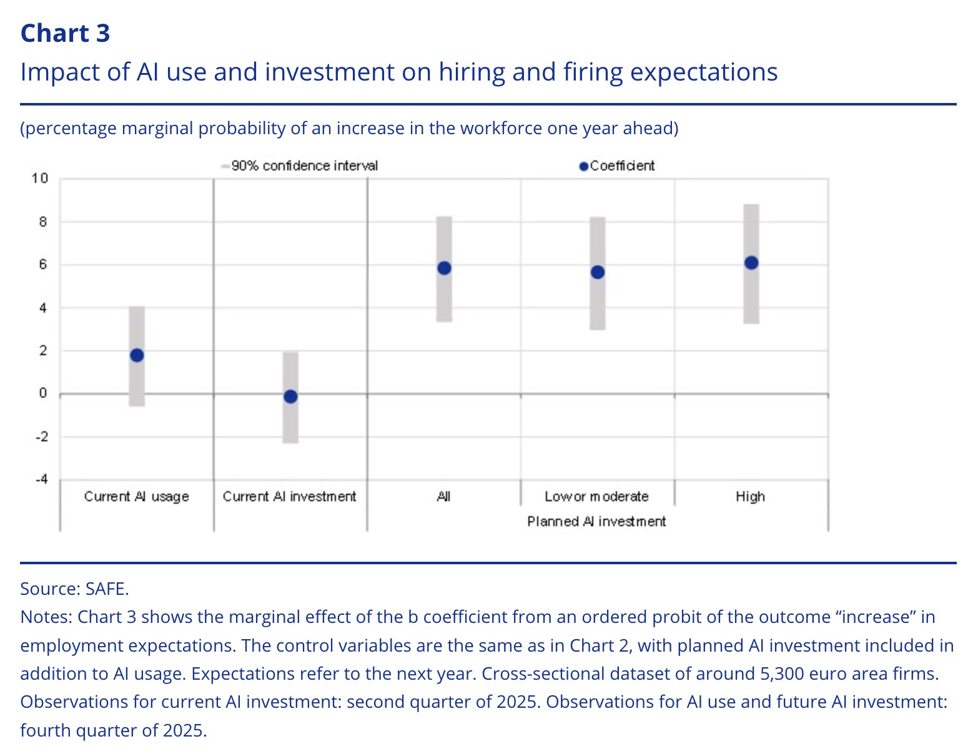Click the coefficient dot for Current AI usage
(x=137, y=355)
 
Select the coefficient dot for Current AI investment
(x=290, y=396)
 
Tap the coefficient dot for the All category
(x=444, y=268)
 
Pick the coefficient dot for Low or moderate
(x=598, y=272)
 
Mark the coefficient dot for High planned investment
(x=751, y=263)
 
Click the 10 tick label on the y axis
(x=40, y=179)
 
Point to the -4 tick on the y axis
(x=41, y=479)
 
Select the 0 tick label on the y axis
(x=43, y=393)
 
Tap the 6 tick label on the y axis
(x=43, y=265)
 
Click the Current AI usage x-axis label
(x=136, y=497)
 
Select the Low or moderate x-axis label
(x=596, y=497)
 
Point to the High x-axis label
(x=750, y=497)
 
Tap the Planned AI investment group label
(x=596, y=522)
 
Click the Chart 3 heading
(x=65, y=33)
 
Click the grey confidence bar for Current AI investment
(x=290, y=424)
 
